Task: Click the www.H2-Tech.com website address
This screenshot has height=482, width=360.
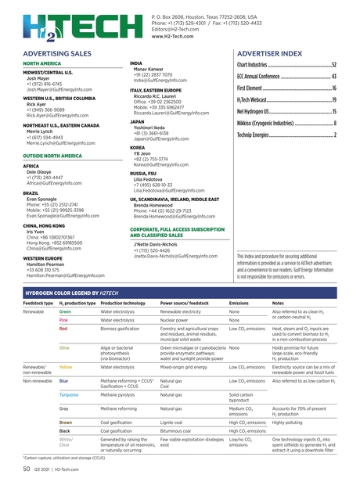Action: click(173, 37)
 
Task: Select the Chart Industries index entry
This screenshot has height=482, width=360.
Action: click(286, 65)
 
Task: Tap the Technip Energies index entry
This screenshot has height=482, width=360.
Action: click(286, 135)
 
